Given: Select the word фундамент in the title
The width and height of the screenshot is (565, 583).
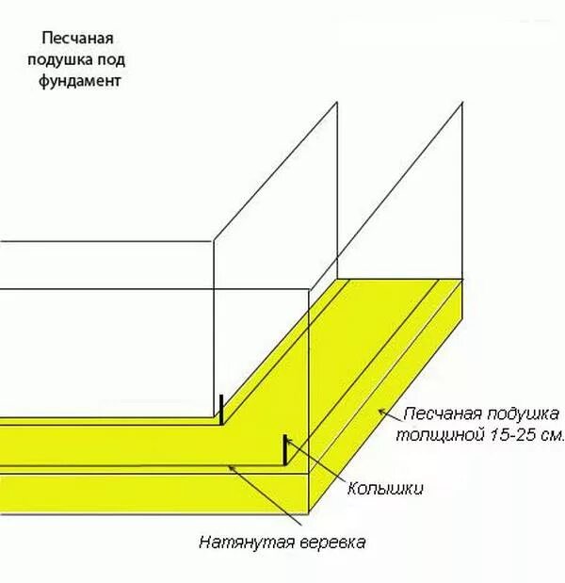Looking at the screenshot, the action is tap(82, 81).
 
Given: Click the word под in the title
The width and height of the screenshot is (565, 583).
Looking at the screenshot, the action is tap(110, 59).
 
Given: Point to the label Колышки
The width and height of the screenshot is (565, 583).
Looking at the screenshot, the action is tap(385, 489).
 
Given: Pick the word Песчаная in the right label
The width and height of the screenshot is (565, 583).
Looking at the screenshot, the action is tap(442, 414).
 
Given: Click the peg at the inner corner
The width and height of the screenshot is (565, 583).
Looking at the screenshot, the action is tap(220, 410).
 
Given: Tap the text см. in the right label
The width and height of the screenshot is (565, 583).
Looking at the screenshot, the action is tap(549, 435).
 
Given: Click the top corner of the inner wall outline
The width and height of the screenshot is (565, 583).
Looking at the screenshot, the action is tap(338, 102).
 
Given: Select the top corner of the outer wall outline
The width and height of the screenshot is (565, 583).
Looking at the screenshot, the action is tap(462, 103).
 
